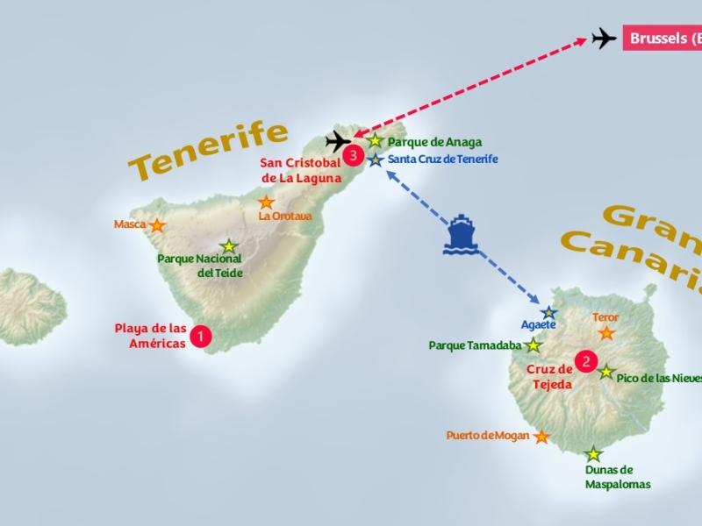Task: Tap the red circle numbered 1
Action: coord(201,336)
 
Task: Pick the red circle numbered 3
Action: coord(353,156)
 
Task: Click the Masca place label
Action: coord(130,224)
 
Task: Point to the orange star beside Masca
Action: coord(157,225)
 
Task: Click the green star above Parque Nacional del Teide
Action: coord(229,246)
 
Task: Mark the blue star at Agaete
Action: coord(549,312)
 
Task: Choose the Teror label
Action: coord(605,317)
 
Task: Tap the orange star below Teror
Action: coord(605,333)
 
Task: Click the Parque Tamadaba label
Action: coord(475,345)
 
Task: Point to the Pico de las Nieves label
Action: coord(659,378)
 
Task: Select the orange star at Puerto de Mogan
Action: coord(542,437)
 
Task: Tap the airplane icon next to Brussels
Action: coord(605,39)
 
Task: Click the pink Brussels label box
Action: coord(663,39)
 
